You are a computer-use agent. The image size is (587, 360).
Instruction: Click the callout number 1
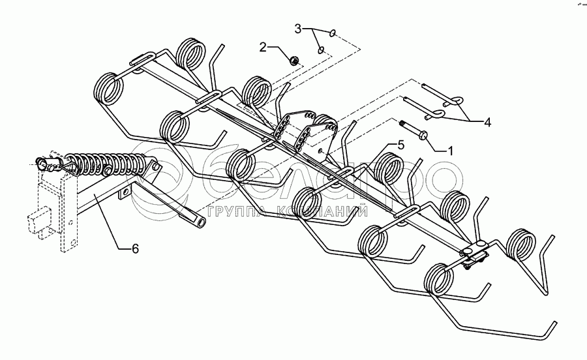point(449,149)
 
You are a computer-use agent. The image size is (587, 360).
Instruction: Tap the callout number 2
point(264,47)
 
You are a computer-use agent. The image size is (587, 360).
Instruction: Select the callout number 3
point(298,28)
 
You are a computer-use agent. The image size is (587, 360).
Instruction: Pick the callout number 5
point(400,145)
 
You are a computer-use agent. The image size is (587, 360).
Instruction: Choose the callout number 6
point(135,248)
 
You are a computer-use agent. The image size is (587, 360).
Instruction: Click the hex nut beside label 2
point(293,61)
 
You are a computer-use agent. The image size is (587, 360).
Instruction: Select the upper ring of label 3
point(333,33)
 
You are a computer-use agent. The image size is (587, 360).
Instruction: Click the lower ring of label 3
point(320,50)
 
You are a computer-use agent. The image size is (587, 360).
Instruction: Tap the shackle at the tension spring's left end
point(49,162)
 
